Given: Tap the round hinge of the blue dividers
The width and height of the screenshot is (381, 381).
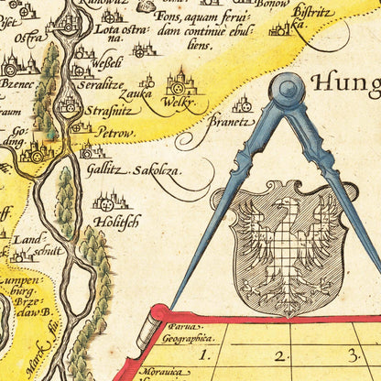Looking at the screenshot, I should [288, 90].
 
